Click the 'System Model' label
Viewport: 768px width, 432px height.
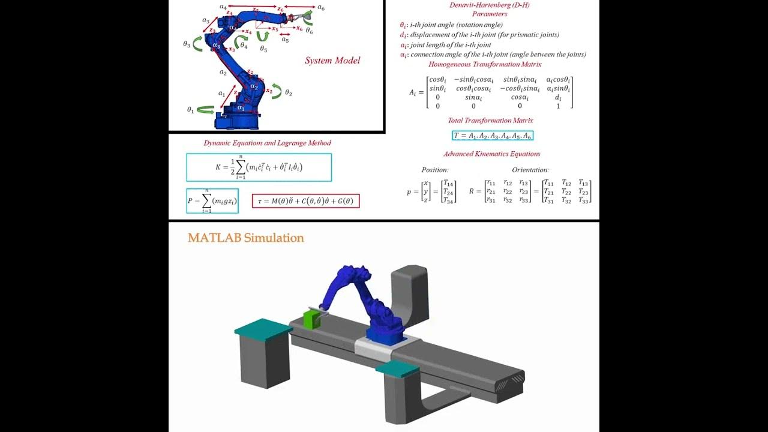click(x=332, y=61)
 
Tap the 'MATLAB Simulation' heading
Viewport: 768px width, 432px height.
click(x=245, y=238)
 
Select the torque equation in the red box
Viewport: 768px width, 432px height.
click(x=305, y=201)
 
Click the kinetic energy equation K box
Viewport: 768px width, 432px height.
click(x=259, y=167)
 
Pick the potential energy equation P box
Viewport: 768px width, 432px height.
click(x=212, y=201)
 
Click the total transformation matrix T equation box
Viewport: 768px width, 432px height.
click(x=492, y=136)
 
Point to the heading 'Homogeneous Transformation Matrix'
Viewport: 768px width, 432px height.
click(x=485, y=64)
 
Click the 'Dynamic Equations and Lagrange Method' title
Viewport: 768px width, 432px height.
click(x=267, y=143)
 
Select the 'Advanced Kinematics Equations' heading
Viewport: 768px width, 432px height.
click(x=491, y=154)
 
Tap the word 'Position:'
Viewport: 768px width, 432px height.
click(x=435, y=170)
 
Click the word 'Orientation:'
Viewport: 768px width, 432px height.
click(x=530, y=170)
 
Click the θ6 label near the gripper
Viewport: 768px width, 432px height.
click(x=309, y=31)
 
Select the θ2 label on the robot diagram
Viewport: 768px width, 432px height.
click(x=289, y=93)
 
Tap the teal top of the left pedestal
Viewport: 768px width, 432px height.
click(x=263, y=328)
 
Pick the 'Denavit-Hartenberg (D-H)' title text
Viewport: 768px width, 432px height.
click(x=489, y=5)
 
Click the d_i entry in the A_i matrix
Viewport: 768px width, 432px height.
click(x=558, y=97)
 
